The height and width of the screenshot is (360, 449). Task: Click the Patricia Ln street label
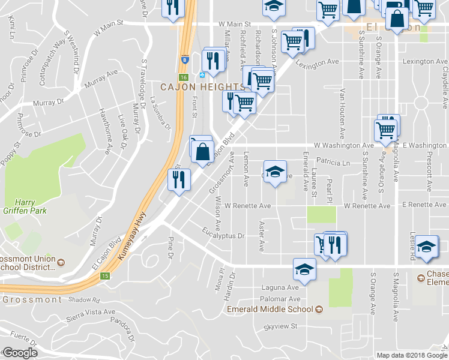pos(333,162)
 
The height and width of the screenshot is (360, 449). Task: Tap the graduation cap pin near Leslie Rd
pos(426,247)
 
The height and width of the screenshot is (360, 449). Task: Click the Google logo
pos(19,353)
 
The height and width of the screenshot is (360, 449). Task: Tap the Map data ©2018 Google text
pos(411,355)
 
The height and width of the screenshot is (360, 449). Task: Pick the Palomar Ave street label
pos(280,298)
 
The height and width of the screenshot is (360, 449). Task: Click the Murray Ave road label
pos(101,79)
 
